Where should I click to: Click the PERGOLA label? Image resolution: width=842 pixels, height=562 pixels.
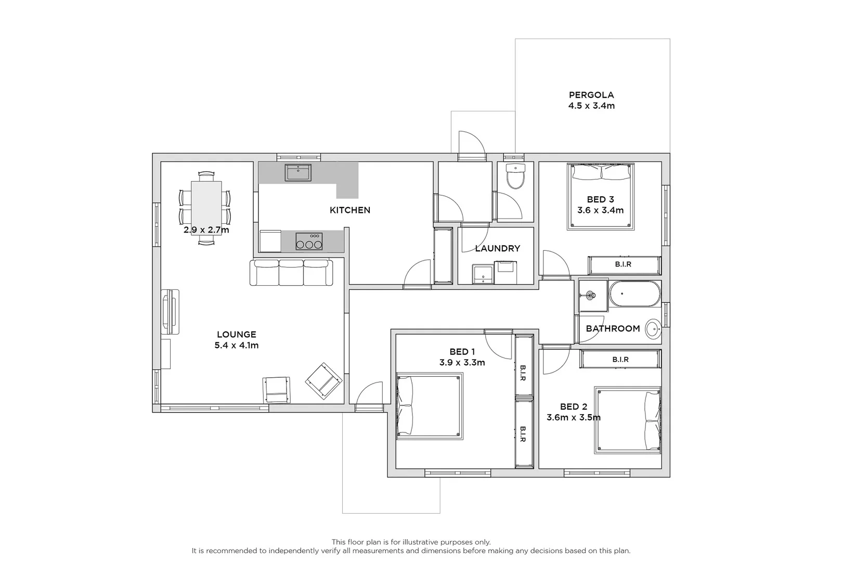click(x=591, y=95)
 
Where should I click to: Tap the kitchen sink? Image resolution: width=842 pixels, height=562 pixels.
click(x=298, y=172)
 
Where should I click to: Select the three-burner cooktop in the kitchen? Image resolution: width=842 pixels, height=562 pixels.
click(x=309, y=241)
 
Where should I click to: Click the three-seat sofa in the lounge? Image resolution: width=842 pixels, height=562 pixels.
click(x=291, y=273)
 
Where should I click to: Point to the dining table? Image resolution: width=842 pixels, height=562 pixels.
click(x=206, y=208)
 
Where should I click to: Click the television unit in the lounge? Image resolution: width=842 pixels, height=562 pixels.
click(x=171, y=312)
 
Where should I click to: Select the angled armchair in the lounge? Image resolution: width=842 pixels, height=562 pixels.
click(x=324, y=381)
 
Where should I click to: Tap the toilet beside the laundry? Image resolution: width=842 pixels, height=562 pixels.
click(x=515, y=176)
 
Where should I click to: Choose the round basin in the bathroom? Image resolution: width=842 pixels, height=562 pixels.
click(x=653, y=329)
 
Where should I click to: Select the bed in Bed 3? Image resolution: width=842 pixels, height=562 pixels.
click(x=601, y=197)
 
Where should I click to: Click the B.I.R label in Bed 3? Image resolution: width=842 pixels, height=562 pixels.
click(x=623, y=264)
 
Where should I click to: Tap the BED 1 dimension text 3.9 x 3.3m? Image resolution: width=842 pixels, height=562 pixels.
click(x=462, y=363)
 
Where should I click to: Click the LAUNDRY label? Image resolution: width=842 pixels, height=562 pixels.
click(x=497, y=248)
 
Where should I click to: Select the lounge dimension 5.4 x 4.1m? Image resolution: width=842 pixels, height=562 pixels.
click(x=237, y=345)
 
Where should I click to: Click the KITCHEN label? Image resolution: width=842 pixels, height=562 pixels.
click(x=350, y=210)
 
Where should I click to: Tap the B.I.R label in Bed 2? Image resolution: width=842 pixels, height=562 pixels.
click(x=620, y=360)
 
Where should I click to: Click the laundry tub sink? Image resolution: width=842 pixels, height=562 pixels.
click(x=483, y=274)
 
